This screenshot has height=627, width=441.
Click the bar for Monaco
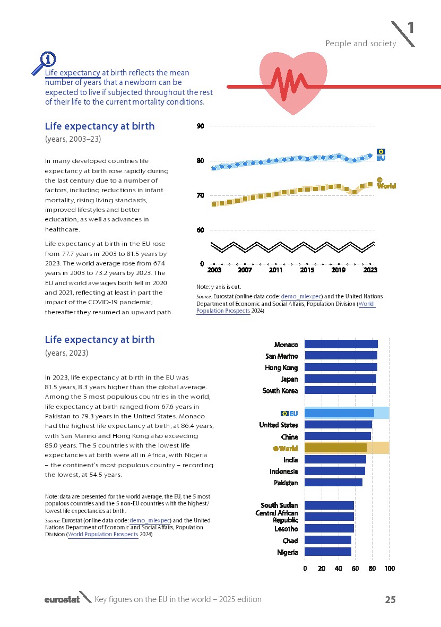point(341,345)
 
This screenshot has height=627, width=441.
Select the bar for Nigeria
point(328,552)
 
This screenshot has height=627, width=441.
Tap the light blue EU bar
point(340,413)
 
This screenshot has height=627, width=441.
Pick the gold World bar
point(335,448)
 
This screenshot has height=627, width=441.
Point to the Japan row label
point(289,379)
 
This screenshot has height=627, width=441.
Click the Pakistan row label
point(286,483)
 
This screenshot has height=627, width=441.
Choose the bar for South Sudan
point(329,505)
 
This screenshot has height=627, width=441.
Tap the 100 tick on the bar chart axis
point(389,569)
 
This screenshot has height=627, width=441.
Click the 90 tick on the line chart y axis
point(200,126)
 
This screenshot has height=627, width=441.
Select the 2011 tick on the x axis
point(275,270)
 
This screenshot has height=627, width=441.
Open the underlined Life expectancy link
point(73,72)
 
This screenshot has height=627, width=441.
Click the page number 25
point(390,600)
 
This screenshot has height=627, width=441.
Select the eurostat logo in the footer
point(62,599)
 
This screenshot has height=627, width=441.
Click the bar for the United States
point(338,425)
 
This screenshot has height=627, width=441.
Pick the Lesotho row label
point(286,529)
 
